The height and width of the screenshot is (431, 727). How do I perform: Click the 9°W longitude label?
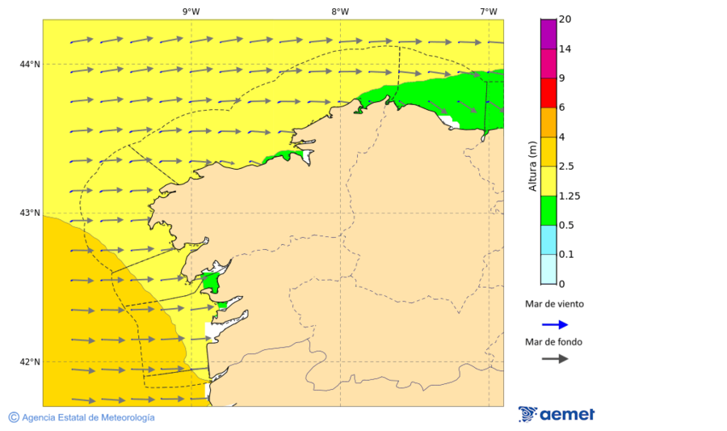(191, 11)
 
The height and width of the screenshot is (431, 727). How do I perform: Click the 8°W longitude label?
(339, 11)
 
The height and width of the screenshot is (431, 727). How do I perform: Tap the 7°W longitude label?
(488, 11)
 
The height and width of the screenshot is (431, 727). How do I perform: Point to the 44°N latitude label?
(30, 64)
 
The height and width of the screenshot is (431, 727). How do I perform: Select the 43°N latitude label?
(30, 213)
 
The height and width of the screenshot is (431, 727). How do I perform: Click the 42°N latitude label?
(30, 361)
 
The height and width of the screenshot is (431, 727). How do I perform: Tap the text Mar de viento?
(554, 305)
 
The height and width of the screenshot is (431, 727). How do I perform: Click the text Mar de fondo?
(554, 341)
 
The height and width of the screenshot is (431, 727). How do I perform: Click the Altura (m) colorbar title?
(532, 166)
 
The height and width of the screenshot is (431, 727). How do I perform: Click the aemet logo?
(557, 414)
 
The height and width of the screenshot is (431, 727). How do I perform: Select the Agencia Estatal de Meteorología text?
(88, 417)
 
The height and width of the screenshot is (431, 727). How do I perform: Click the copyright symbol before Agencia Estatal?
(14, 417)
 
